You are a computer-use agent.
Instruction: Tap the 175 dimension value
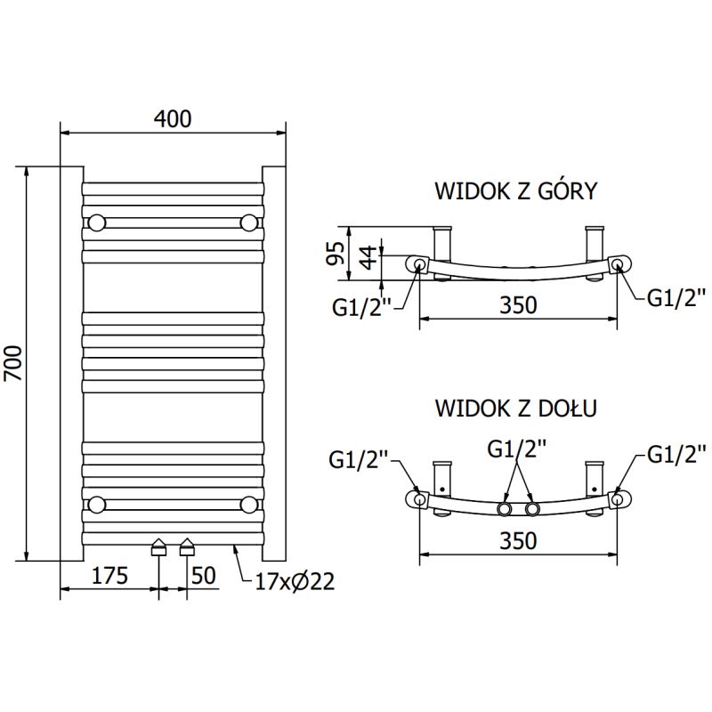pyautogui.click(x=109, y=576)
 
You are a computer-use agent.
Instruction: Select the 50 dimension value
pyautogui.click(x=204, y=576)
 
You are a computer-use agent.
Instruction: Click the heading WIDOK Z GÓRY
pyautogui.click(x=514, y=191)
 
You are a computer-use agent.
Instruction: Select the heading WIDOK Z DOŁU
pyautogui.click(x=515, y=409)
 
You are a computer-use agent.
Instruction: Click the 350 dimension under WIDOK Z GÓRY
pyautogui.click(x=518, y=305)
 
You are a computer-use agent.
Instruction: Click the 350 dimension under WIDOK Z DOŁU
pyautogui.click(x=518, y=541)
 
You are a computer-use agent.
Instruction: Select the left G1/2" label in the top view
pyautogui.click(x=364, y=308)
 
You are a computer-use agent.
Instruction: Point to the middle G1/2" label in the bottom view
pyautogui.click(x=518, y=449)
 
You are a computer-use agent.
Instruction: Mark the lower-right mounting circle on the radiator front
pyautogui.click(x=249, y=506)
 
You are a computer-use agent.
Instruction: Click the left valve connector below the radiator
pyautogui.click(x=159, y=546)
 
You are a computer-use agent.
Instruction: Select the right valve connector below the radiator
pyautogui.click(x=188, y=546)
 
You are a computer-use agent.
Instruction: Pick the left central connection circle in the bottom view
pyautogui.click(x=506, y=509)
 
